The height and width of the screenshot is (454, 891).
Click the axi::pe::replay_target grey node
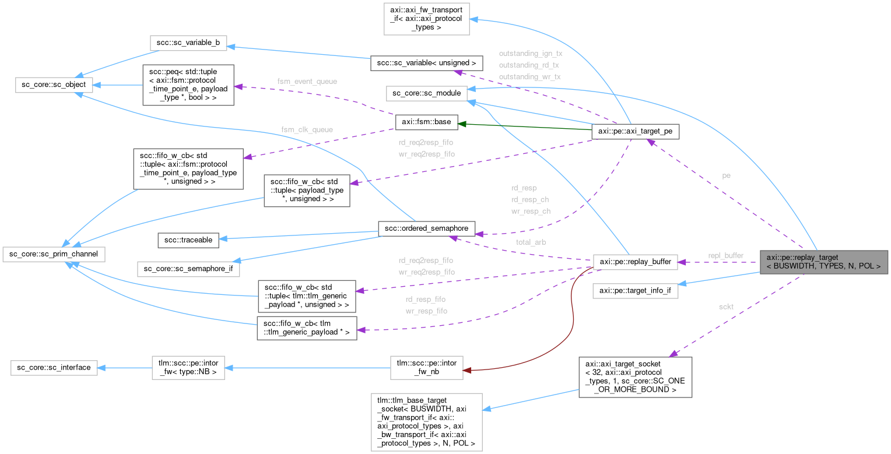pyautogui.click(x=823, y=262)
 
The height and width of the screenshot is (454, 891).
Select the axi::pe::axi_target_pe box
pyautogui.click(x=635, y=132)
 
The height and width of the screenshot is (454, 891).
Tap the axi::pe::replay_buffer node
pyautogui.click(x=635, y=262)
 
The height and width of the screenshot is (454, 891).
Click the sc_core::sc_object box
pyautogui.click(x=51, y=85)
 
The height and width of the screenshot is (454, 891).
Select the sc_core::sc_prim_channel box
pyautogui.click(x=53, y=254)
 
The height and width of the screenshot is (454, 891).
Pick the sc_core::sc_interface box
pyautogui.click(x=54, y=368)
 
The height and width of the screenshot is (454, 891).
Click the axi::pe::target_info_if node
pyautogui.click(x=635, y=291)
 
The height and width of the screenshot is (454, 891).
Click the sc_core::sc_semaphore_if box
pyautogui.click(x=188, y=269)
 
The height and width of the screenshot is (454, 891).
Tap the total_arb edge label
pyautogui.click(x=530, y=241)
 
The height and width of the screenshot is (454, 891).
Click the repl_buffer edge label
pyautogui.click(x=726, y=255)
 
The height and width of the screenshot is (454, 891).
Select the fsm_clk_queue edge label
pyautogui.click(x=303, y=129)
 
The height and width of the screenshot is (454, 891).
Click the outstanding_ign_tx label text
pyautogui.click(x=530, y=53)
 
